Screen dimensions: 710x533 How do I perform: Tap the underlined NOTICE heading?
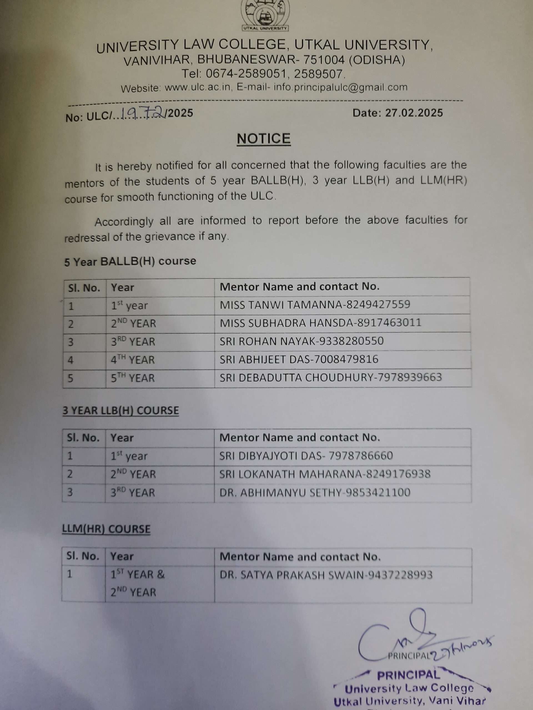click(264, 139)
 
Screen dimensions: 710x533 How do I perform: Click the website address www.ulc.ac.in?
click(198, 88)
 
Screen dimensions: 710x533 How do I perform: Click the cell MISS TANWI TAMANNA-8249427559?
click(315, 305)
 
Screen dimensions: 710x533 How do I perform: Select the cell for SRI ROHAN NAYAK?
click(301, 341)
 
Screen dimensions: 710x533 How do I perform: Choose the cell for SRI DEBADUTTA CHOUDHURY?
click(331, 377)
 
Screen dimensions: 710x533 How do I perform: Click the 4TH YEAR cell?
click(133, 360)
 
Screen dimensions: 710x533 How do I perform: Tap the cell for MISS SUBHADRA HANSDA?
click(320, 323)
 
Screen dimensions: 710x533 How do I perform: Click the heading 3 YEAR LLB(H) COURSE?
click(120, 410)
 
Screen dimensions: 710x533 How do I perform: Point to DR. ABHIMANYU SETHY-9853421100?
click(315, 493)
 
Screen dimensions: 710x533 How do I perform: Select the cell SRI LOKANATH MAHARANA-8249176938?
click(325, 475)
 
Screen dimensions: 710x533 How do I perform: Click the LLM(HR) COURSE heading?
click(106, 529)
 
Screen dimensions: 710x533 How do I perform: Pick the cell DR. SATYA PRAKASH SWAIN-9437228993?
click(326, 575)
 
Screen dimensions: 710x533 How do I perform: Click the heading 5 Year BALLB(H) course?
click(130, 261)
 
